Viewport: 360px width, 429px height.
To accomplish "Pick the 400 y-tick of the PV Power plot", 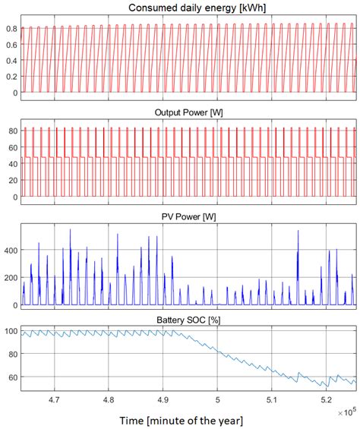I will (x=8, y=250).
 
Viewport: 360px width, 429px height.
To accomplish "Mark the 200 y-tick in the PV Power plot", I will (x=8, y=278).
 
